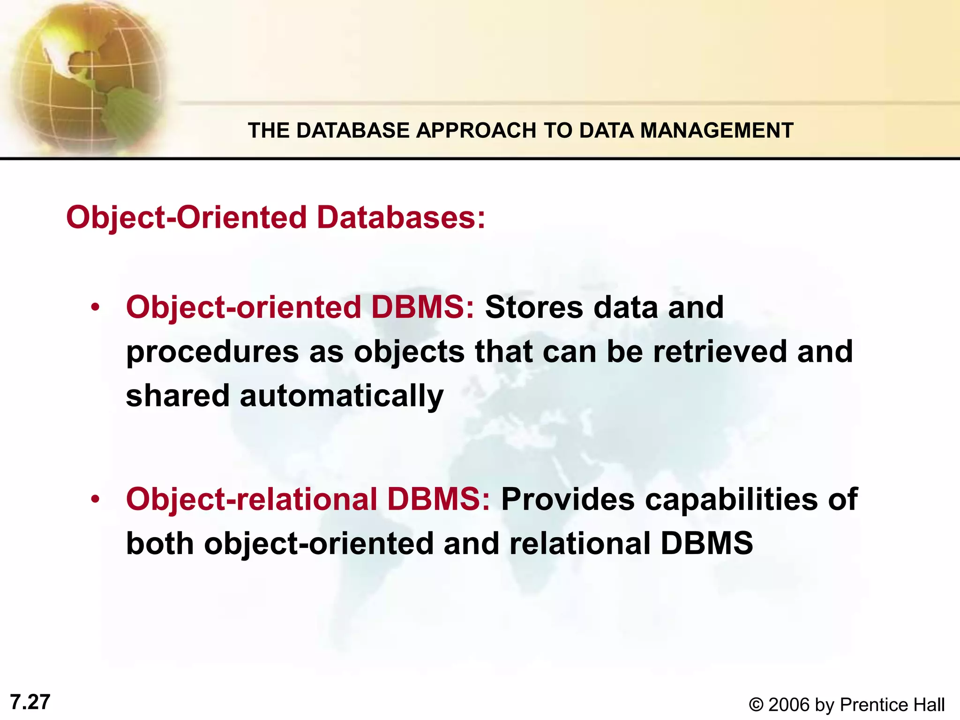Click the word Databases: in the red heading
[401, 217]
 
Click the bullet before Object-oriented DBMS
[96, 308]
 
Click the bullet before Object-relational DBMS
[96, 499]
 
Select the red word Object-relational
[251, 499]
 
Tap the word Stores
[534, 307]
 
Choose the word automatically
[341, 396]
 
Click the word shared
[178, 396]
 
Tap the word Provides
[568, 499]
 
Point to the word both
[160, 543]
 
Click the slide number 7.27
[30, 702]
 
